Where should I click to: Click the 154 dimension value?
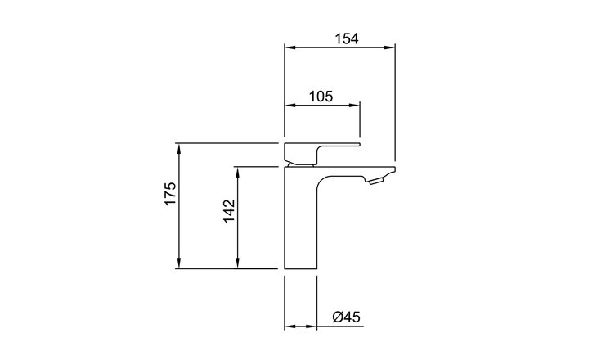(x=347, y=38)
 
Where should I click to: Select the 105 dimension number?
(x=321, y=97)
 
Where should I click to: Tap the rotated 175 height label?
(x=170, y=194)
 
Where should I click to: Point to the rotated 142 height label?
(x=229, y=210)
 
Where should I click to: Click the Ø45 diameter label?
(x=346, y=317)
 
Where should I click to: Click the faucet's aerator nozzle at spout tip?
(x=375, y=181)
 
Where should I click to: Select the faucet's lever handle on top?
(x=322, y=154)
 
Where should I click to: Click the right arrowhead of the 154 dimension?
(x=389, y=47)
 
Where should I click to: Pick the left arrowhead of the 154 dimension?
(x=290, y=47)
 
